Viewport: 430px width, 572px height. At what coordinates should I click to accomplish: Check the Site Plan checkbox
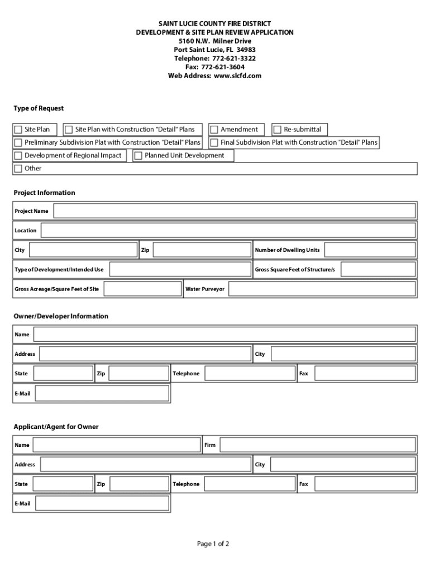(x=18, y=130)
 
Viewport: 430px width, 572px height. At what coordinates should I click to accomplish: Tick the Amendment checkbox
(x=214, y=130)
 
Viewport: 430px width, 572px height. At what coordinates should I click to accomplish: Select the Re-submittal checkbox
(x=277, y=130)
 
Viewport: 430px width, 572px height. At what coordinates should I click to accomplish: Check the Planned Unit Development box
(x=138, y=156)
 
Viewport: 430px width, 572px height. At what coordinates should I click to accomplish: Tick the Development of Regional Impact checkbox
(x=18, y=156)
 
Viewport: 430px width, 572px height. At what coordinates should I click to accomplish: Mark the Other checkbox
(x=18, y=169)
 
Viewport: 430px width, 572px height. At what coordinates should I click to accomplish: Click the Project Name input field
(x=235, y=211)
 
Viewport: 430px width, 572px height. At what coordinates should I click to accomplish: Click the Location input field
(x=228, y=231)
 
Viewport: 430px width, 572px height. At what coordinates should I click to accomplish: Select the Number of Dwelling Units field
(x=370, y=250)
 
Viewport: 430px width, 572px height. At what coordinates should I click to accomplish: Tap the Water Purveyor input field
(x=322, y=289)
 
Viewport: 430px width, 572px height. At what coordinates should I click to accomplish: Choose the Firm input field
(x=318, y=445)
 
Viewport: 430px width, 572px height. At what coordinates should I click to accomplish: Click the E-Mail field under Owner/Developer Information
(x=102, y=393)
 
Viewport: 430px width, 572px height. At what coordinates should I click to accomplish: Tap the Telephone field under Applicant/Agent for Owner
(x=249, y=484)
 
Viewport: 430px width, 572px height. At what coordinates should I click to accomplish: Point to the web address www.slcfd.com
(x=237, y=76)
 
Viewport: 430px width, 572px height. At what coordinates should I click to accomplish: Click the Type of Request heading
(x=39, y=108)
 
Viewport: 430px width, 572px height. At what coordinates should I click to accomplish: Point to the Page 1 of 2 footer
(x=213, y=544)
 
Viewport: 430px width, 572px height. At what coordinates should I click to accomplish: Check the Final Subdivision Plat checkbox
(x=214, y=142)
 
